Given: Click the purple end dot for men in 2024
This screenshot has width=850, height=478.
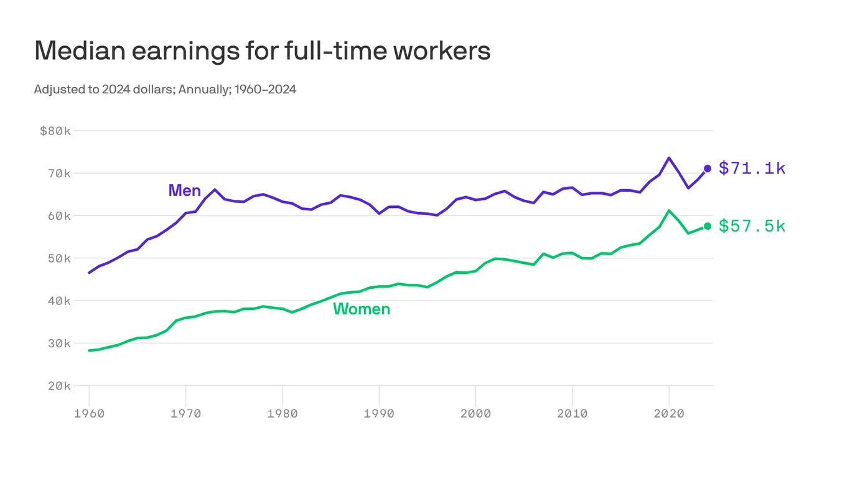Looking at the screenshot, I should pyautogui.click(x=708, y=168).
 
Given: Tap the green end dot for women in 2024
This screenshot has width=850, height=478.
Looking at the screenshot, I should pyautogui.click(x=708, y=226).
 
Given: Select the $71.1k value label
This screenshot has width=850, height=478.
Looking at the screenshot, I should pyautogui.click(x=752, y=168).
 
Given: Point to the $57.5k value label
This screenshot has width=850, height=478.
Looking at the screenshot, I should pyautogui.click(x=752, y=226).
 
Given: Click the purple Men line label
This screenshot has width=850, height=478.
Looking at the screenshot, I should pyautogui.click(x=184, y=190).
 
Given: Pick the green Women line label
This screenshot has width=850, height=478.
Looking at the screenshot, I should pyautogui.click(x=362, y=309).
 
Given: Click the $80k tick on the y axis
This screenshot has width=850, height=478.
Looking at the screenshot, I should pyautogui.click(x=55, y=131).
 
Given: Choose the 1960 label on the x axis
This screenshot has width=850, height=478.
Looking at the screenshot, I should pyautogui.click(x=89, y=413).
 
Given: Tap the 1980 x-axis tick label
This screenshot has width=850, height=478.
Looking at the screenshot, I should pyautogui.click(x=283, y=413).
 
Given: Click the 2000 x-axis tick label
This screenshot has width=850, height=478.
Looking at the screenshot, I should pyautogui.click(x=475, y=413).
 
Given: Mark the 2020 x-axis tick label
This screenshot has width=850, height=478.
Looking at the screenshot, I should pyautogui.click(x=669, y=413).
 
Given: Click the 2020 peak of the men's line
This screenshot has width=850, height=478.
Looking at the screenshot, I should pyautogui.click(x=669, y=158).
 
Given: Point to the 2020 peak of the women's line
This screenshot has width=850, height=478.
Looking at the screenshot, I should pyautogui.click(x=669, y=211).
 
